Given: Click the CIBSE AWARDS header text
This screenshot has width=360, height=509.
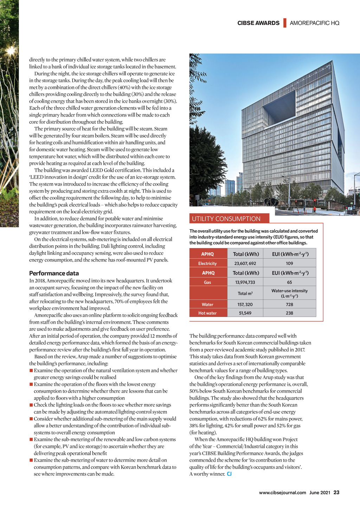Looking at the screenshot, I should point(258,23).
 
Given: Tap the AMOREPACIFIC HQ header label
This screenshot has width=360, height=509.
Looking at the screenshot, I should point(314,23).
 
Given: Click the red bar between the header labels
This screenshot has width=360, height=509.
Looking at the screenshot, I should point(285,23).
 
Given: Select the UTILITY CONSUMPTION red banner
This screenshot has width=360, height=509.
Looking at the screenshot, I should point(229,219).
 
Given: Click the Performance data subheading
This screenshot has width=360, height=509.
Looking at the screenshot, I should point(54,273).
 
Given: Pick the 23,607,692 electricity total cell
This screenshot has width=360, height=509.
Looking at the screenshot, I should point(245,263).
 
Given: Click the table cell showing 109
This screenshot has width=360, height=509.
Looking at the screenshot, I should point(289,263).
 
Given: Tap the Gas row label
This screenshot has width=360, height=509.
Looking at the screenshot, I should point(208,282).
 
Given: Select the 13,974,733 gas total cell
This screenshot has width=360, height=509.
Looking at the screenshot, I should point(245,282).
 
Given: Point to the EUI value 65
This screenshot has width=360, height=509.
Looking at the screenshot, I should point(289,282).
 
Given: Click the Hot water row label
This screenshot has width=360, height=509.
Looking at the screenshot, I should point(207,313).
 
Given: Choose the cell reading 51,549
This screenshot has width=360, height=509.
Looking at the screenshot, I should point(245,313).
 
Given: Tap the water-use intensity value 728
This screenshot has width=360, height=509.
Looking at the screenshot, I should point(289,304).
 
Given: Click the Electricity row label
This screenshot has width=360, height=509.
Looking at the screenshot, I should point(207,263).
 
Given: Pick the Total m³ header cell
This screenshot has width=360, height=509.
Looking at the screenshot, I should point(245,293).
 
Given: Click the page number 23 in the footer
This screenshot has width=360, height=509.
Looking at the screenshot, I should point(336,492).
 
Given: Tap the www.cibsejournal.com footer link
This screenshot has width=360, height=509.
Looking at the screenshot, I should point(282,492).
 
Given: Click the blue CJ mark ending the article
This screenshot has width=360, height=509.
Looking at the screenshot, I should point(229,474).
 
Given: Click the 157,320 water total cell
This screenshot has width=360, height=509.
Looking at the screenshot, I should point(245,304).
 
